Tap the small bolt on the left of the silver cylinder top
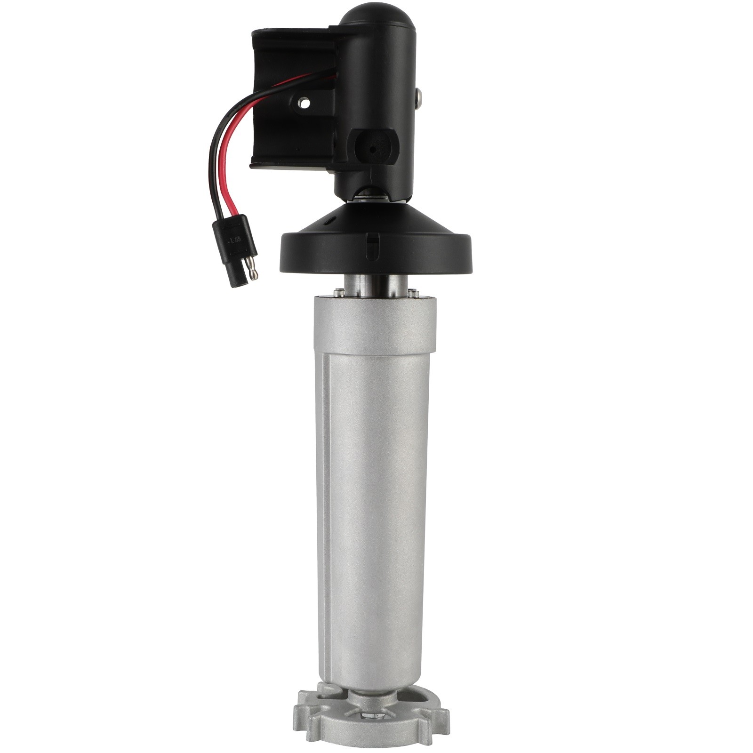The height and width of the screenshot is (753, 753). coord(338,292)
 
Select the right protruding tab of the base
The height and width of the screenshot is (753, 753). coord(438,722)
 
